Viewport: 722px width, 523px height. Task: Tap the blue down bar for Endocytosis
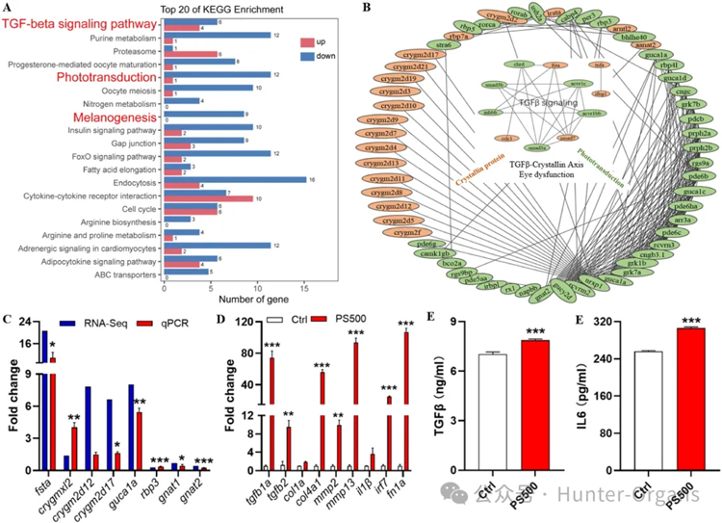(x=235, y=179)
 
